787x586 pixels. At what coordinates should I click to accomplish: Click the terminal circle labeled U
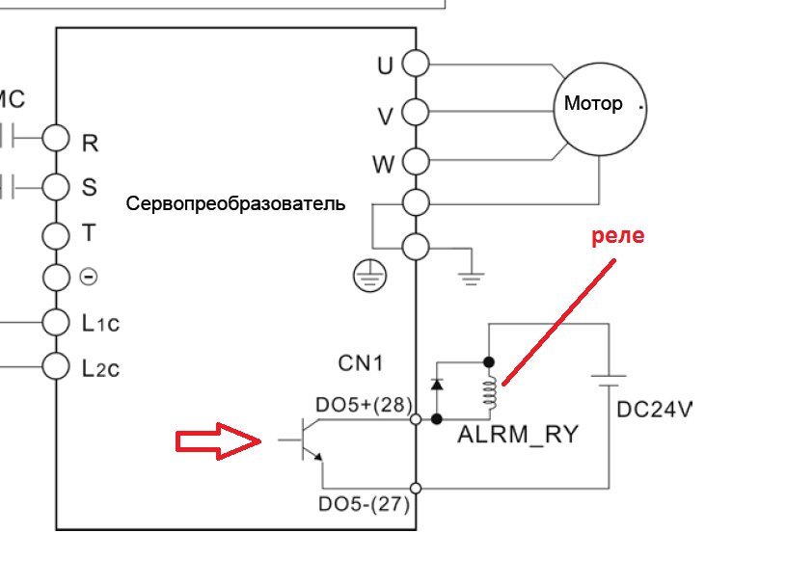[x=415, y=64]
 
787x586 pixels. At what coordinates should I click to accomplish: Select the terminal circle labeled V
[x=415, y=113]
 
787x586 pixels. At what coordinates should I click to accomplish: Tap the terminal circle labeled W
[x=415, y=161]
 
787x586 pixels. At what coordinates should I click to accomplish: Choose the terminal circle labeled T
[x=57, y=232]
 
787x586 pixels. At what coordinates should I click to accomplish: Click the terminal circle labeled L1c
[x=57, y=321]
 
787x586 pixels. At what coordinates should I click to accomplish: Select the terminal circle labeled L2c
[x=57, y=366]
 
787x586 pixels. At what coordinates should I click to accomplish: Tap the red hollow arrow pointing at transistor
[x=218, y=441]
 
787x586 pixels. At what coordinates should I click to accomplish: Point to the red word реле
[x=616, y=236]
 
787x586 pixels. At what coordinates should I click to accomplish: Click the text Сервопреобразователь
[x=235, y=205]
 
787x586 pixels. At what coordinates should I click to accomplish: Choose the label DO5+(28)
[x=363, y=405]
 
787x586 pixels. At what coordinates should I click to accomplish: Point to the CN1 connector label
[x=361, y=363]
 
